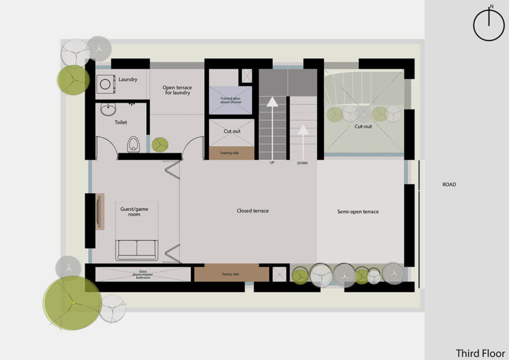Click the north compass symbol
[490, 25]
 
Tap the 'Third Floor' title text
[480, 353]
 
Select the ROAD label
[449, 184]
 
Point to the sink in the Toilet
[106, 110]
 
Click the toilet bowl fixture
[131, 144]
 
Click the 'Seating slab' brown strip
[231, 152]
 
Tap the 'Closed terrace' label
[253, 211]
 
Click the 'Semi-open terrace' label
[358, 212]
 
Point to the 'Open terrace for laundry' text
[177, 90]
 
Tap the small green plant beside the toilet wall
[160, 144]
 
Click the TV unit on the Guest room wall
[99, 212]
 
